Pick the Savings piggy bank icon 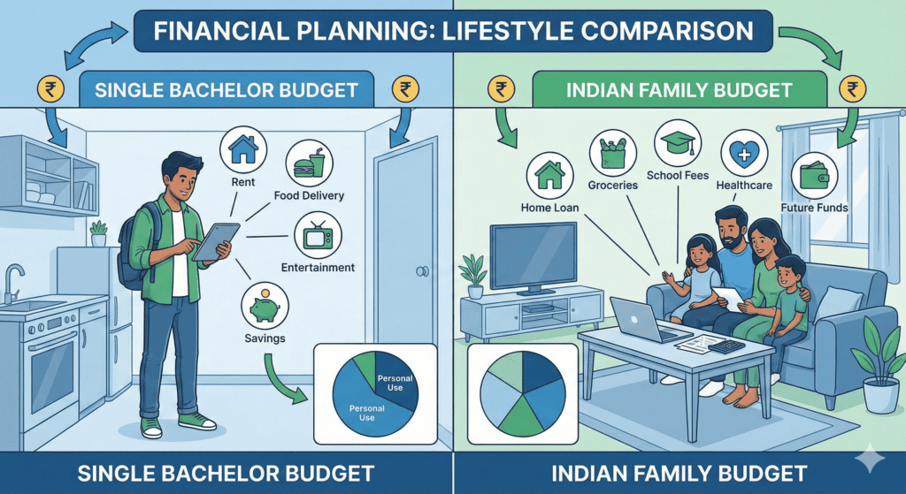click(263, 305)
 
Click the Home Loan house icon click(549, 176)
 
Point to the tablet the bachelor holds click(215, 240)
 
